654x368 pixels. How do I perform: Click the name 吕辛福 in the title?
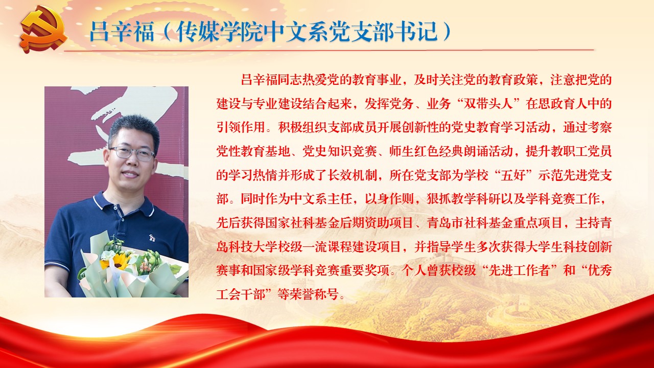tap(122, 31)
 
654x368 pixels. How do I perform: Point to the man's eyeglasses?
tap(132, 153)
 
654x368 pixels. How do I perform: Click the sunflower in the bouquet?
tap(118, 262)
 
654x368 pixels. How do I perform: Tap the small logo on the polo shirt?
tap(152, 238)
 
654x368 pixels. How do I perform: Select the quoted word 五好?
tap(512, 175)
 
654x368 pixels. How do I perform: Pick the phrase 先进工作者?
tap(519, 270)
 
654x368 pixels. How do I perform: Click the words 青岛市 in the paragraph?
tap(445, 223)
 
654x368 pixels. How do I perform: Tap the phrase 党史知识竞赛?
tap(340, 151)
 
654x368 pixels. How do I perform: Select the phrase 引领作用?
tap(241, 127)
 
